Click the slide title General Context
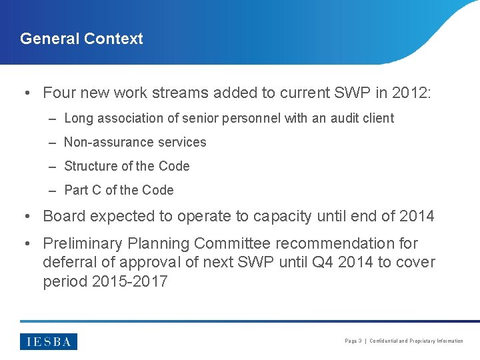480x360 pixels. [x=81, y=39]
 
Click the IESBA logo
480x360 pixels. [x=49, y=341]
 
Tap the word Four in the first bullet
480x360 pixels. [x=59, y=92]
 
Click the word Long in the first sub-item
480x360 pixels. [x=79, y=119]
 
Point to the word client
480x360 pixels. [x=376, y=119]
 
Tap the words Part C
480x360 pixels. [x=83, y=191]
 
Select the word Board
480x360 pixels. [x=64, y=217]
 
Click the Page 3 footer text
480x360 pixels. [x=353, y=341]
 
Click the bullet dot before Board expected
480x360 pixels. [x=27, y=217]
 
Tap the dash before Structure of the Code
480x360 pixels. [x=53, y=167]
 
